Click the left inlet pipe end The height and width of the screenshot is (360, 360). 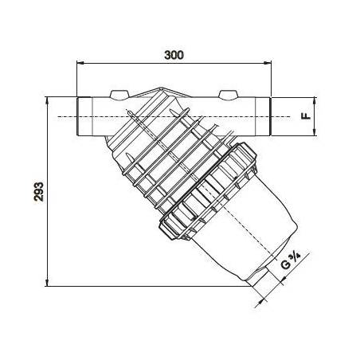click(x=83, y=116)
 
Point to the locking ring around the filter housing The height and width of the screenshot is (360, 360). click(x=203, y=191)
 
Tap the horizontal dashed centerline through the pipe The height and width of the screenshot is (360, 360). click(x=175, y=117)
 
